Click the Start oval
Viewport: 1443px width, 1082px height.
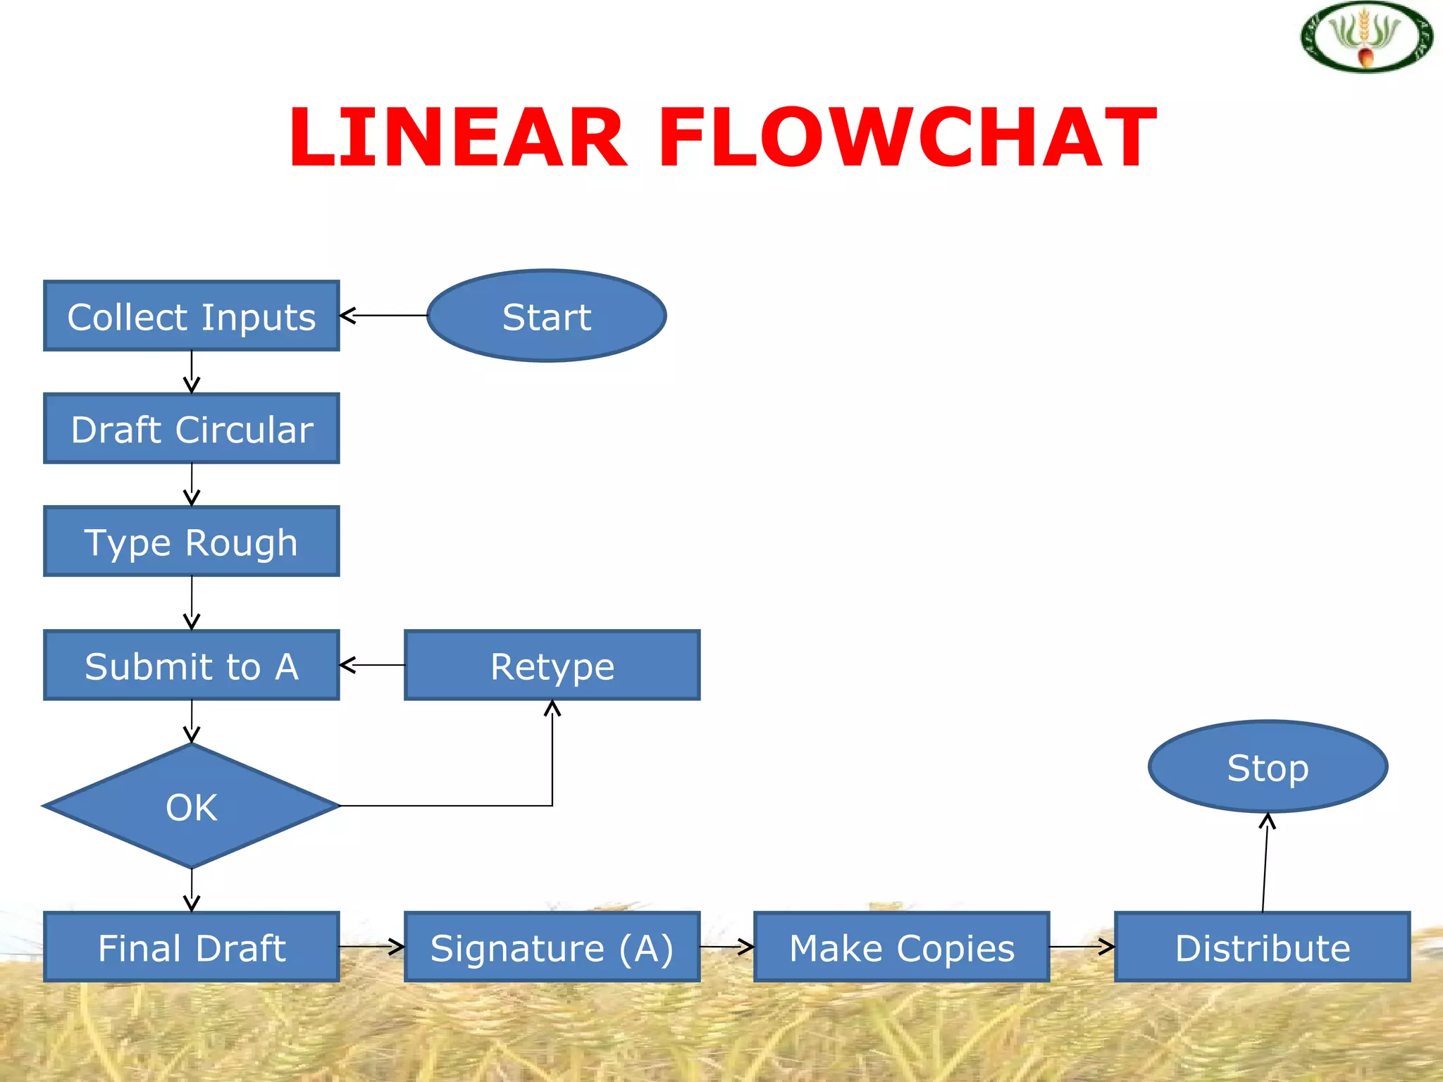coord(546,316)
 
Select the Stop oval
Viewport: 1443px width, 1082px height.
coord(1268,766)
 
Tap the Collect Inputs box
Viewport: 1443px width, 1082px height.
coord(192,316)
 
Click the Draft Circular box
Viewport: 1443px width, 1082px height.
coord(192,428)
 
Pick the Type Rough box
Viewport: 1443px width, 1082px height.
coord(192,541)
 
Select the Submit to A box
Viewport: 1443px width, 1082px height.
coord(192,665)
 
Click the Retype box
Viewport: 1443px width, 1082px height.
coord(552,665)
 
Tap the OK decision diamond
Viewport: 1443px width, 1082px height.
coord(192,806)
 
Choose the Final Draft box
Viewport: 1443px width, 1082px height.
coord(192,947)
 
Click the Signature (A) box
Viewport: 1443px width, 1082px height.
coord(552,947)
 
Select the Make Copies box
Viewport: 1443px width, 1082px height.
coord(901,947)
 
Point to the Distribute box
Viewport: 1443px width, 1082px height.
coord(1262,947)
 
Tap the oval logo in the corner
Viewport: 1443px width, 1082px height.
coord(1366,37)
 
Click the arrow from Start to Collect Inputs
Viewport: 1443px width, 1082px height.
coord(384,316)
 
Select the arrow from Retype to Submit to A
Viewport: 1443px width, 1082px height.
coord(372,665)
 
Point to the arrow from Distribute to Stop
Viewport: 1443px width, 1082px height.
coord(1265,863)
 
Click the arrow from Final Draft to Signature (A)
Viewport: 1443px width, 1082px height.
coord(372,947)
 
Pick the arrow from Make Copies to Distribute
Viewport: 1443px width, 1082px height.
coord(1082,947)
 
